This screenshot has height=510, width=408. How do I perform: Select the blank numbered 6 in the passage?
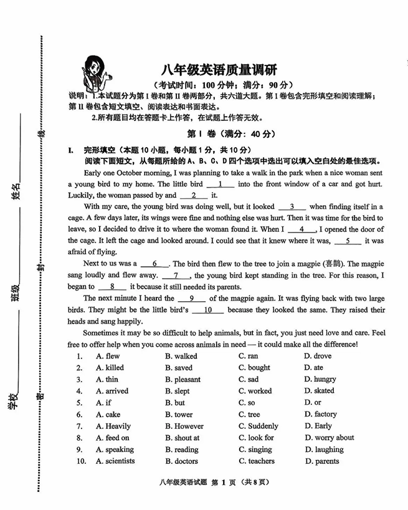154,264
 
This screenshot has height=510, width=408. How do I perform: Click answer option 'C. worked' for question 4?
255,391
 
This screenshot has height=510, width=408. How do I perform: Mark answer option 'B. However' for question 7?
184,426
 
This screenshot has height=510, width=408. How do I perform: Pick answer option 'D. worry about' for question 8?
330,438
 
